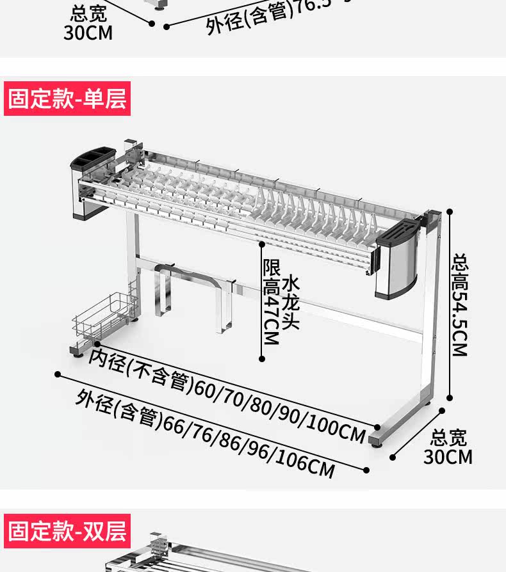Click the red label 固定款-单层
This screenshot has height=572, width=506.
click(67, 99)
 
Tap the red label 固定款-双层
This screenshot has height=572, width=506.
click(67, 531)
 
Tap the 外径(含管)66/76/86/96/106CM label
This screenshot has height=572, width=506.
click(205, 434)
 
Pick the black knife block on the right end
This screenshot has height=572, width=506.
click(400, 233)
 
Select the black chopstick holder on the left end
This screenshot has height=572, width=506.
click(95, 161)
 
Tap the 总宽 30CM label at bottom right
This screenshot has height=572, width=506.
click(448, 447)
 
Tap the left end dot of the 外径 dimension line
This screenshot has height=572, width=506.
click(58, 374)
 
